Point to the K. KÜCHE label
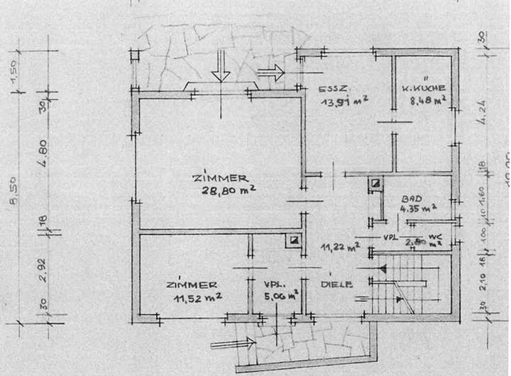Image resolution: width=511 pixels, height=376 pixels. point(424,89)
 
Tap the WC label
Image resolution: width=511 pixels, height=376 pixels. point(436,236)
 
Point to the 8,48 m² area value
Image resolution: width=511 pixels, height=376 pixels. point(427,101)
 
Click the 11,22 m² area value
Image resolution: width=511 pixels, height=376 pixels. point(341,248)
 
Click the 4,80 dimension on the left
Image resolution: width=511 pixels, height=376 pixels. point(42,151)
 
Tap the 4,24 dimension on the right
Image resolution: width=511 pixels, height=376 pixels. point(483,114)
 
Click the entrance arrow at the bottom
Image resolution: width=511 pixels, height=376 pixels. point(233,343)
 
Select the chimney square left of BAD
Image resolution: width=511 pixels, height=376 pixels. point(373,185)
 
